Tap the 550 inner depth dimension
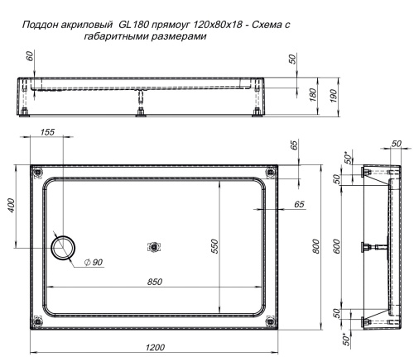point(214,246)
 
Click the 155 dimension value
point(46,133)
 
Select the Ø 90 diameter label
point(93,262)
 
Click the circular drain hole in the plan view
point(62,246)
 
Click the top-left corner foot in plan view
point(37,172)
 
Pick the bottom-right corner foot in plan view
point(271,321)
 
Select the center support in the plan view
point(154,246)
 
